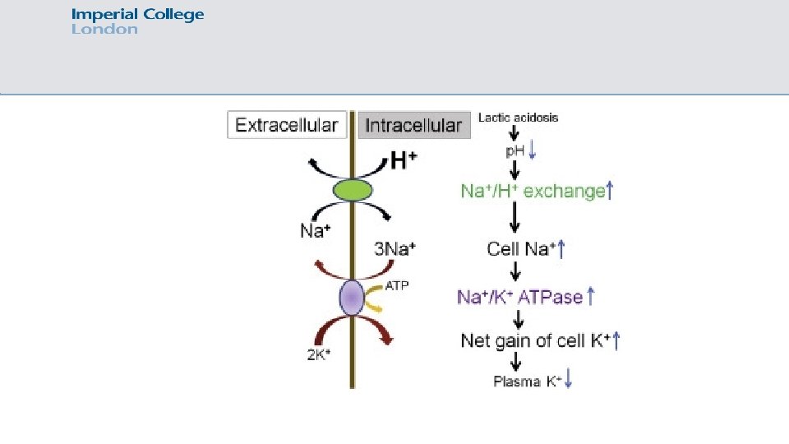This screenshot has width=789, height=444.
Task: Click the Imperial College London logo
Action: coord(137,21)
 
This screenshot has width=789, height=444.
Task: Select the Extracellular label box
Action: coord(286,125)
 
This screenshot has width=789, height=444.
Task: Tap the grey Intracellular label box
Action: coord(413,125)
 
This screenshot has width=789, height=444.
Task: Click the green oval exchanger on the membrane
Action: coord(353,191)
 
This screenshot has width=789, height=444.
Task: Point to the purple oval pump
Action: coord(352,298)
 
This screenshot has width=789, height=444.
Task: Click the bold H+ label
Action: coord(403,160)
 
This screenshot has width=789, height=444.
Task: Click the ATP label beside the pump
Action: coord(397,286)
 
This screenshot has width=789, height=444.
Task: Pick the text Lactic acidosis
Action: coord(518,118)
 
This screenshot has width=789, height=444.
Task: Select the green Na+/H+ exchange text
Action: coord(532,192)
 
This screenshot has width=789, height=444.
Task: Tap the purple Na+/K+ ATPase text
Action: coord(519,297)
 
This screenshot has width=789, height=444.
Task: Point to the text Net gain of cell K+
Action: coord(535,340)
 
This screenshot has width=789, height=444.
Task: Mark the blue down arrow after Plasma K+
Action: coord(569,379)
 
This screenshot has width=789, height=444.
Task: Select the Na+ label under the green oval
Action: coord(315,231)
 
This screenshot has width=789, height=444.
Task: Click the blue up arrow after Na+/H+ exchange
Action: coord(611,191)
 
